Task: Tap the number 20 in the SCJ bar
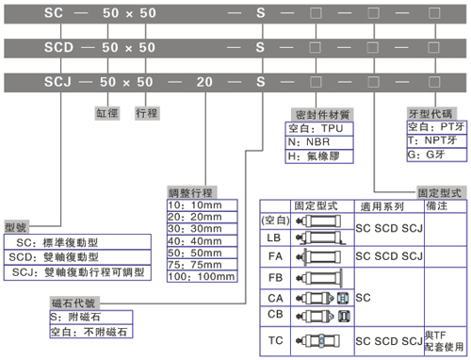coord(201,82)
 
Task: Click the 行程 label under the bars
coord(147,111)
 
